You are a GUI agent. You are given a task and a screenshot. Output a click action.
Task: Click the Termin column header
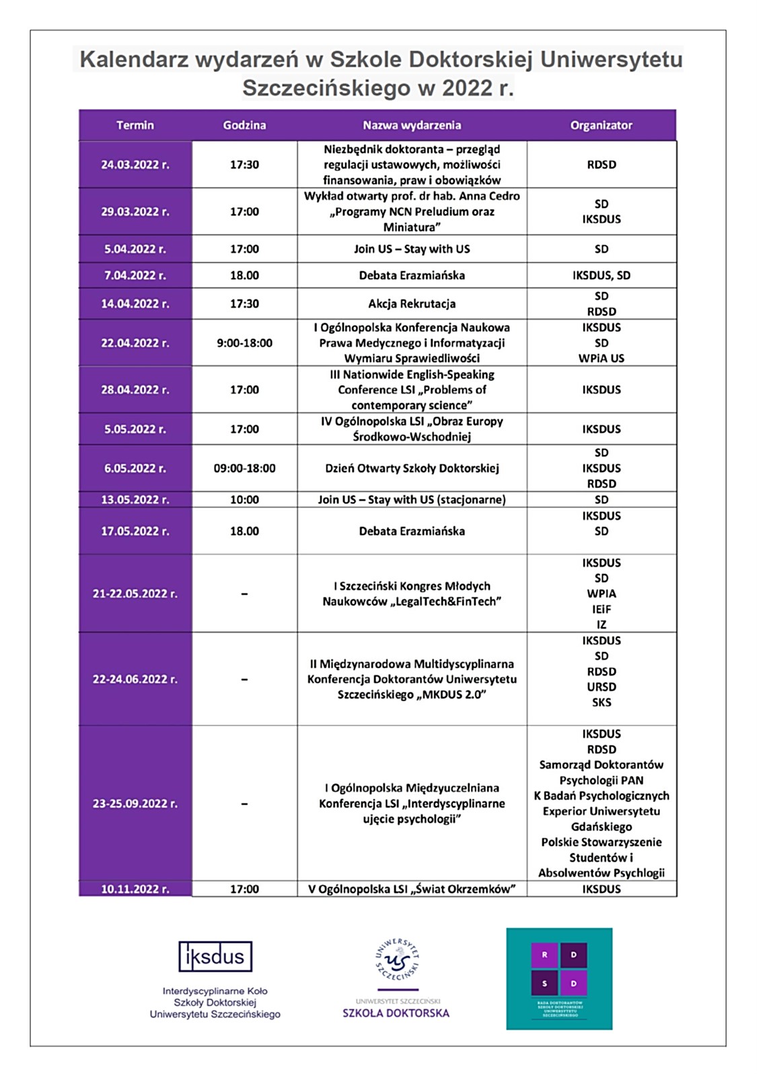click(x=135, y=125)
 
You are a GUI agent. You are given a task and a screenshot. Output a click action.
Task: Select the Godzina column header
click(x=244, y=125)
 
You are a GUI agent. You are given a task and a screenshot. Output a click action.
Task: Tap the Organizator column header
click(x=601, y=125)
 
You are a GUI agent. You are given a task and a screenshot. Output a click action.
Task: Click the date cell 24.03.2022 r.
click(x=135, y=165)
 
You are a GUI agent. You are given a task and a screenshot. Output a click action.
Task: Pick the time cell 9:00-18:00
click(x=244, y=343)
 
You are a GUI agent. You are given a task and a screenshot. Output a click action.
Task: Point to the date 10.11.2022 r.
click(x=135, y=889)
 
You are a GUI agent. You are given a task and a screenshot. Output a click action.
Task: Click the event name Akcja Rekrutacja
click(x=412, y=303)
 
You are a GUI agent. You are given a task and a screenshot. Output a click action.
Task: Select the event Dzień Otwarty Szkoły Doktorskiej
click(x=412, y=468)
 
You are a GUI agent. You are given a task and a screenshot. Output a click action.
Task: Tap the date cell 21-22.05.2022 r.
click(x=135, y=594)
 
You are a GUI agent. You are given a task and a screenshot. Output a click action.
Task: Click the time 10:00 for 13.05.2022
click(x=244, y=499)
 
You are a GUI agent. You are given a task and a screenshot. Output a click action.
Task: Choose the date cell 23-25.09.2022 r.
click(x=135, y=803)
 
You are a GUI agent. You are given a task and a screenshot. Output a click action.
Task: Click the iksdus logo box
click(x=215, y=956)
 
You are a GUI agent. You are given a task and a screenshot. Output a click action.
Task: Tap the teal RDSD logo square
click(x=559, y=978)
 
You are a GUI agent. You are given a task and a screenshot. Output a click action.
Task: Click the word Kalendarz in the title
click(x=134, y=60)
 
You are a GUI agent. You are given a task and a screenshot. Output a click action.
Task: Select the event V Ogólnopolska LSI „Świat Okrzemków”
click(x=412, y=889)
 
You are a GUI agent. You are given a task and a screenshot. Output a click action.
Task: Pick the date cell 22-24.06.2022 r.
click(x=135, y=679)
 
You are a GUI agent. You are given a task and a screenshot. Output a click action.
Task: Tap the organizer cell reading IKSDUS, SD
click(x=601, y=275)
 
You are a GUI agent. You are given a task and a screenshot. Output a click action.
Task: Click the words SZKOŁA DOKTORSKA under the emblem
click(x=396, y=1013)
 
